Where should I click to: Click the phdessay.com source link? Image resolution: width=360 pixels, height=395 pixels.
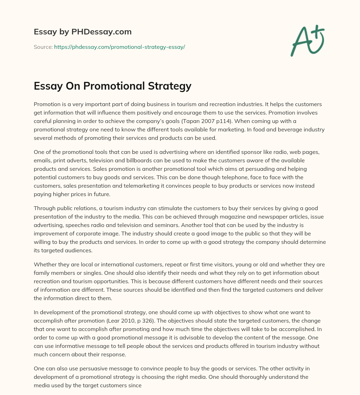pos(120,47)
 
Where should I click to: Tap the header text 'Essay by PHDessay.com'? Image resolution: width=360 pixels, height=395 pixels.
pos(83,32)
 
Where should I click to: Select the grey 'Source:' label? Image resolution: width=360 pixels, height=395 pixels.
pos(43,47)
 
